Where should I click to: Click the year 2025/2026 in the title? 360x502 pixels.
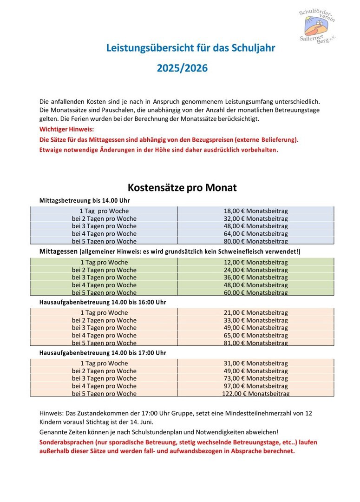[182, 68]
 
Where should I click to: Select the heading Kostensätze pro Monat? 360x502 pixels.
[182, 188]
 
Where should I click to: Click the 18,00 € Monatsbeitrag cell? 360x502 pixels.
[255, 211]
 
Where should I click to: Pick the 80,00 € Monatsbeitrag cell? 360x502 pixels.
[255, 241]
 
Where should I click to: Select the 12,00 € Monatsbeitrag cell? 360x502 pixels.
[255, 262]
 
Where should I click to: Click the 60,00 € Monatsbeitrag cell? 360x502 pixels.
[255, 292]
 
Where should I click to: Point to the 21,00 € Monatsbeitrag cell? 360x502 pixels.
[255, 313]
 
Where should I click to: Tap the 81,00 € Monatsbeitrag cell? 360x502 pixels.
[255, 343]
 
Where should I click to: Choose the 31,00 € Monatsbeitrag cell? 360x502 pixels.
[255, 363]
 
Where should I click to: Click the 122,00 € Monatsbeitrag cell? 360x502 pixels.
[255, 394]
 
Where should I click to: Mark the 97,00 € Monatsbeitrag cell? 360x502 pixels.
[255, 386]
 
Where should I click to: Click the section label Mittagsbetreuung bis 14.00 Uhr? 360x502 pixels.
[85, 200]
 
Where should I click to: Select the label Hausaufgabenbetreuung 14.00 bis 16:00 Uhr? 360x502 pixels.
[103, 302]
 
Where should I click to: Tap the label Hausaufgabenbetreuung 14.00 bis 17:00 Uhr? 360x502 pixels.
[103, 353]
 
